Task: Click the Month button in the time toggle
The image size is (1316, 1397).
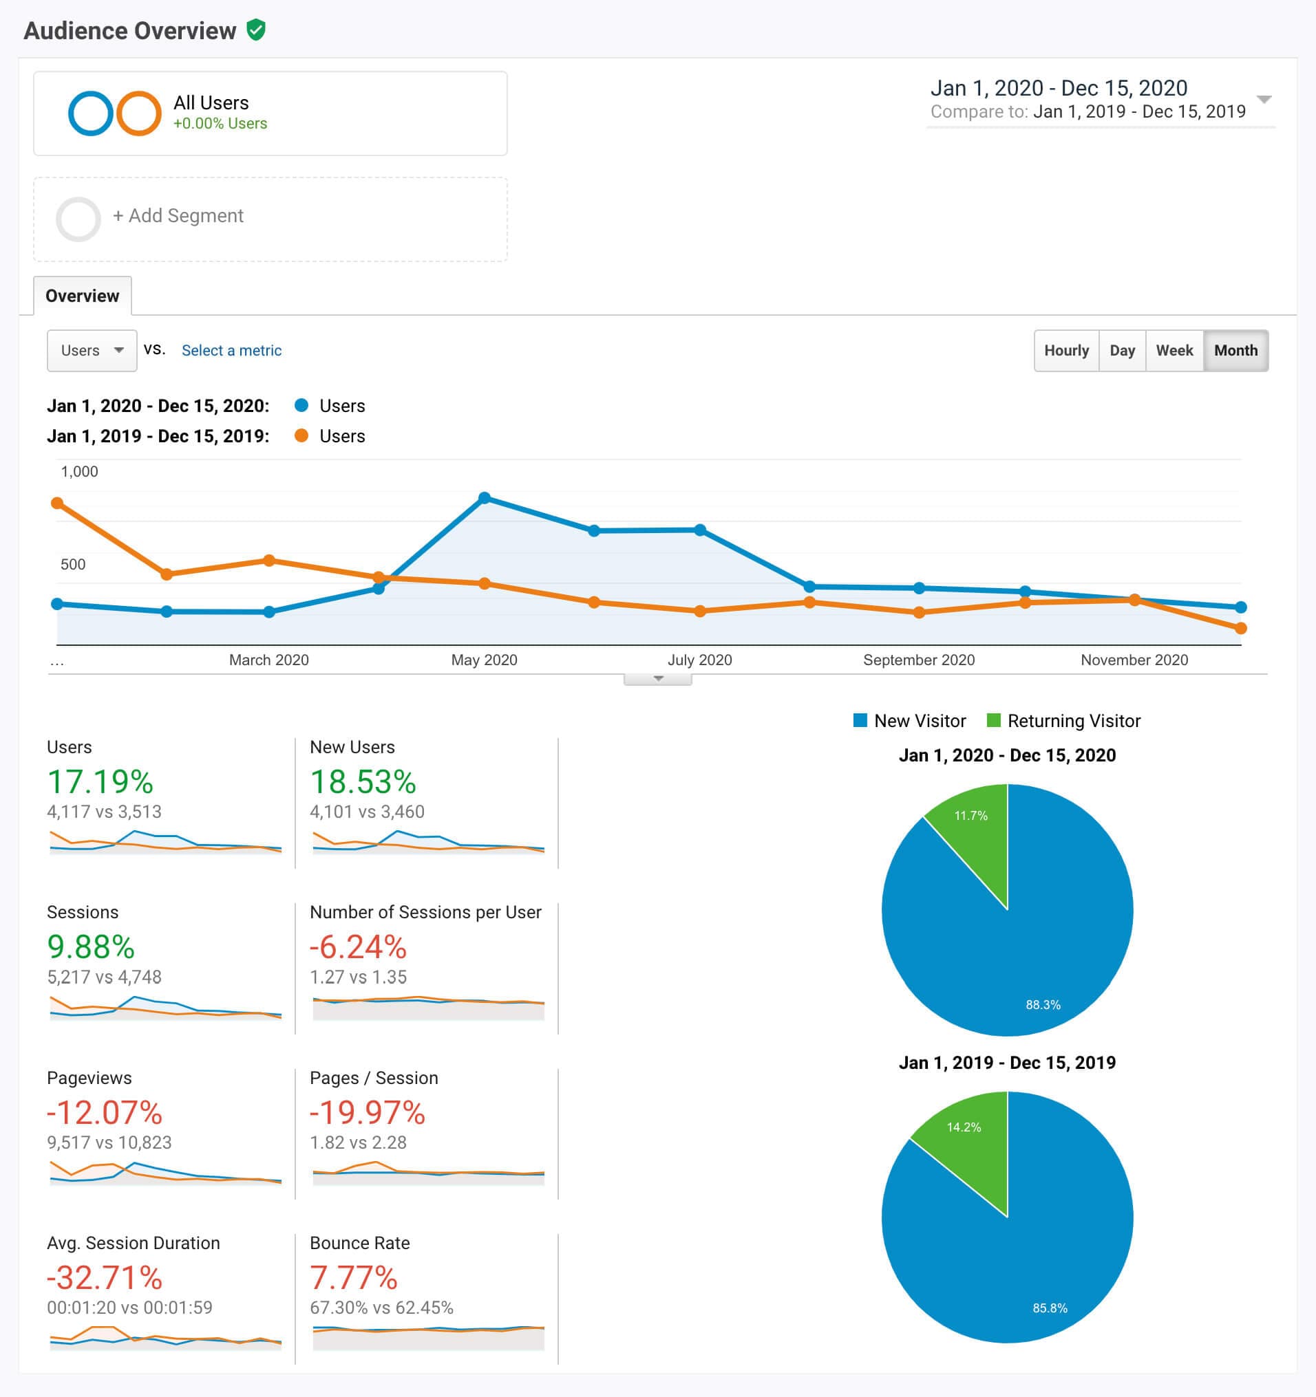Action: coord(1235,350)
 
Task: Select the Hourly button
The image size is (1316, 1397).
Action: coord(1065,350)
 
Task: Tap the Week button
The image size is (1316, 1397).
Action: coord(1174,350)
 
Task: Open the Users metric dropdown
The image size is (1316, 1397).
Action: coord(92,350)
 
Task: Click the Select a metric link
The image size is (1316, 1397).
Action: coord(231,350)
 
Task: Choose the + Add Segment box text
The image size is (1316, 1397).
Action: coord(178,216)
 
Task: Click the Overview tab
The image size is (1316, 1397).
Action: coord(83,296)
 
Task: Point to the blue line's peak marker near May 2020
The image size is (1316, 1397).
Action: coord(485,497)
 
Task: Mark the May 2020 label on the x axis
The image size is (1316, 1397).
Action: coord(484,660)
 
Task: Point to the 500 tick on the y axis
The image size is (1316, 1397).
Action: coord(73,564)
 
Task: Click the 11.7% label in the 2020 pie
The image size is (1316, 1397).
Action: coord(970,816)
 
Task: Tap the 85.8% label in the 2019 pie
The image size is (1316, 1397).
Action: coord(1050,1308)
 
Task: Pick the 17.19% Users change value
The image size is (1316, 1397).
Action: coord(100,782)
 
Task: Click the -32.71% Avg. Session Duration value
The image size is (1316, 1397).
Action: coord(104,1277)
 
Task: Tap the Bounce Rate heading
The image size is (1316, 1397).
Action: coord(359,1243)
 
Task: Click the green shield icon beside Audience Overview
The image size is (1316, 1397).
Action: coord(256,30)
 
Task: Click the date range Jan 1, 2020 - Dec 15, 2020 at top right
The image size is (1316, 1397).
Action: coord(1058,89)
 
